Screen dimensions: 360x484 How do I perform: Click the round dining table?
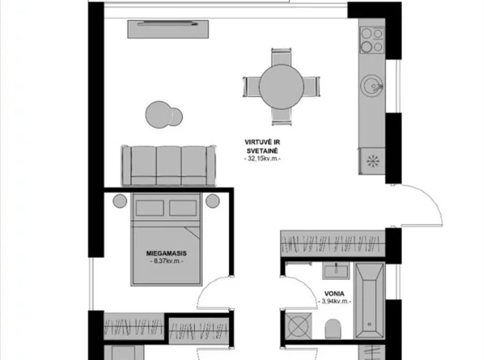[280, 86]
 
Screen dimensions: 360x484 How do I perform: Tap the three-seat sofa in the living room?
[168, 165]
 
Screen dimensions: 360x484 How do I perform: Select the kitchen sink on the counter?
[373, 84]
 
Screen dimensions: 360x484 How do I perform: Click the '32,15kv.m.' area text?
[264, 160]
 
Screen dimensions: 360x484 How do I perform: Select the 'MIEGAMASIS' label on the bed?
[166, 253]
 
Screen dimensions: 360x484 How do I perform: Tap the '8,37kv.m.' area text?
[166, 262]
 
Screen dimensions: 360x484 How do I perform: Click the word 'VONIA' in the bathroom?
[334, 293]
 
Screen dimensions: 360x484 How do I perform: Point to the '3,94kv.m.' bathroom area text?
[335, 302]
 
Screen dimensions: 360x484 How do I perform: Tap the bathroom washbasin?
[335, 269]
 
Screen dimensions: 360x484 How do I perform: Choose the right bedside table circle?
[213, 200]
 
